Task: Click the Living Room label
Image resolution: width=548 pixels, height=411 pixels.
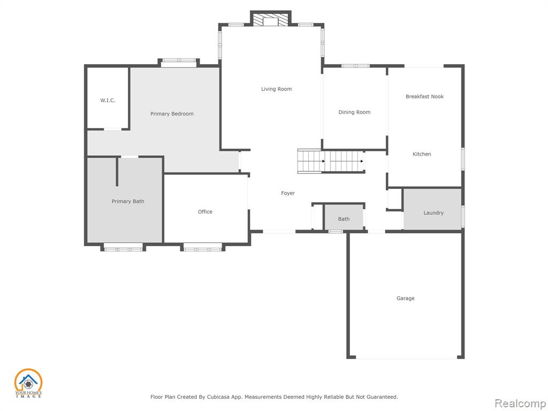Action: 276,89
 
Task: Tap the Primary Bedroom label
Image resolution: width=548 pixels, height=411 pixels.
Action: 172,114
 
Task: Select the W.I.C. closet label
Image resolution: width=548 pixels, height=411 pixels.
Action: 108,100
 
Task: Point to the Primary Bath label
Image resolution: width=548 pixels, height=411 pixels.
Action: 127,201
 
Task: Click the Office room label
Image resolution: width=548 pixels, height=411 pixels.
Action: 205,211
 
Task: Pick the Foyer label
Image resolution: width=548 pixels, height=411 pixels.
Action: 287,193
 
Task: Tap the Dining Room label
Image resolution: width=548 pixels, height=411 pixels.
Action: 354,112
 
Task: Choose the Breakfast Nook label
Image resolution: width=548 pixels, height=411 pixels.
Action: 424,96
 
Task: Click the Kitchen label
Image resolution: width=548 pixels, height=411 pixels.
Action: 422,154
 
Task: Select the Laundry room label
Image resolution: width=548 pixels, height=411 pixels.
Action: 433,213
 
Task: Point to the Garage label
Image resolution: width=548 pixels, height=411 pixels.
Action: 406,299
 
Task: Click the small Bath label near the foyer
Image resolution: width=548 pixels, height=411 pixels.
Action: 344,219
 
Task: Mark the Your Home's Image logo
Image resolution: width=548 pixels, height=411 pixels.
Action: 28,383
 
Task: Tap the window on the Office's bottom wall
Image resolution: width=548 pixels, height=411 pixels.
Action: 203,249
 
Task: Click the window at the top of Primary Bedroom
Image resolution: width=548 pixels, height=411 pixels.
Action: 179,60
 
